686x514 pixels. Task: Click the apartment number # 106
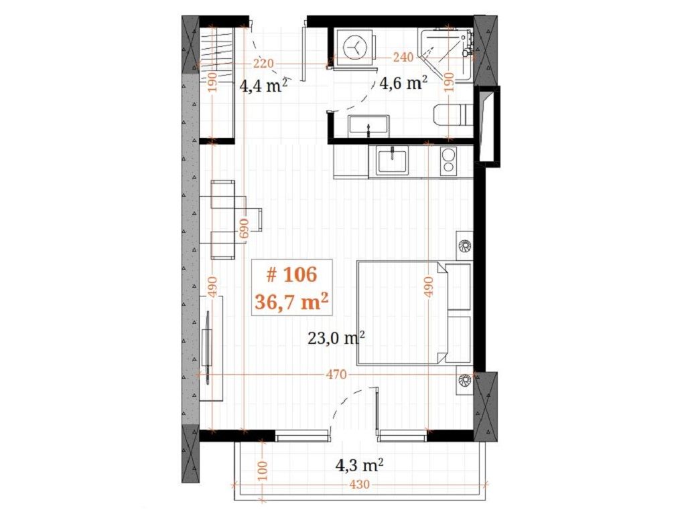pos(291,275)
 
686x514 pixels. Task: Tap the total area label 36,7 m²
pos(291,301)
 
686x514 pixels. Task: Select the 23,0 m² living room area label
pos(336,338)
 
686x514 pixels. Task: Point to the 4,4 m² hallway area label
pos(263,85)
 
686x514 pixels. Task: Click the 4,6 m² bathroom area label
pos(403,82)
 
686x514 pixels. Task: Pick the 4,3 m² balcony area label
pos(360,465)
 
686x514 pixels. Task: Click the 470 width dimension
pos(336,375)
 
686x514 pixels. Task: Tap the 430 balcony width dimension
pos(360,485)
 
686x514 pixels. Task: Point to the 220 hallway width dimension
pos(263,64)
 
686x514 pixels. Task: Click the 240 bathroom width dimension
pos(403,58)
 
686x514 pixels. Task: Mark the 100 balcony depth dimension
pos(263,470)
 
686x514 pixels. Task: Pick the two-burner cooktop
pos(448,161)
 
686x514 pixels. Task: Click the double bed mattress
pos(403,313)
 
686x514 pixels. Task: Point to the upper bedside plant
pos(464,246)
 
